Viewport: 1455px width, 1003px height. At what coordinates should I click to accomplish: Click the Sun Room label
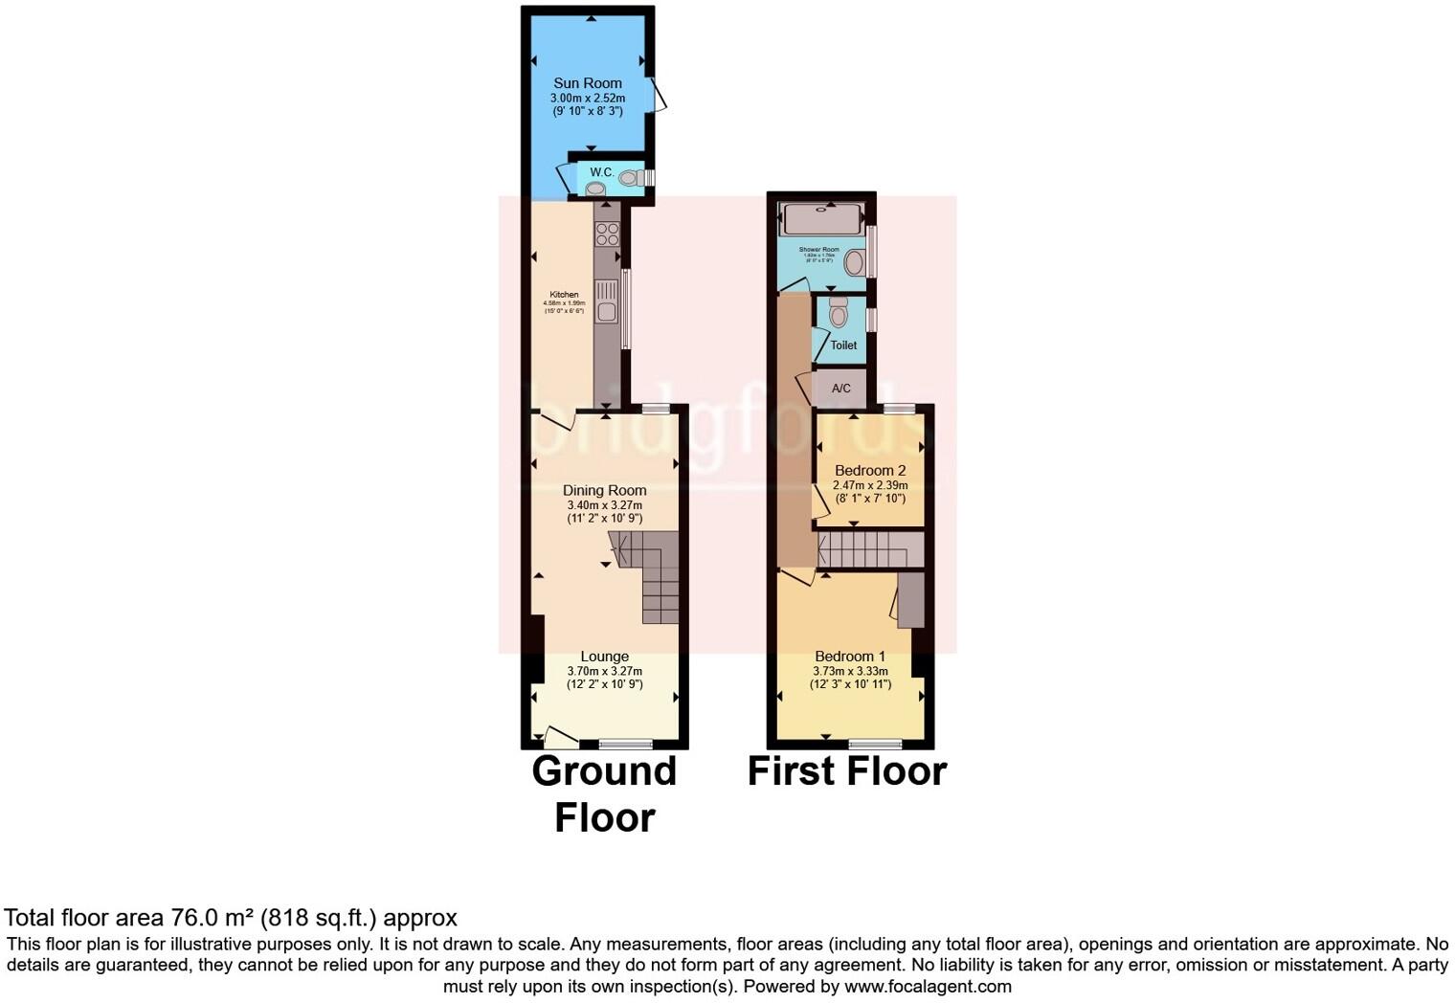[587, 83]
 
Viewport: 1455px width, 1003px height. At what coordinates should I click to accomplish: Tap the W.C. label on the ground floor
[601, 172]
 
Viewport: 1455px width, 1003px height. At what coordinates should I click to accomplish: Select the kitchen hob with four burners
[607, 234]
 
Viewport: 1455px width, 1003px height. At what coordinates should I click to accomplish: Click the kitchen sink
[606, 301]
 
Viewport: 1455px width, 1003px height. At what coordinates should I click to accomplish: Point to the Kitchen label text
[564, 295]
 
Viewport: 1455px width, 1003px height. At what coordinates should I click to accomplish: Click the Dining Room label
[604, 490]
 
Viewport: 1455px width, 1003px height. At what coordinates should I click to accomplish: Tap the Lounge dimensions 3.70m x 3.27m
[604, 671]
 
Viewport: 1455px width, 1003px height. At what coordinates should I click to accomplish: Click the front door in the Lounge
[559, 736]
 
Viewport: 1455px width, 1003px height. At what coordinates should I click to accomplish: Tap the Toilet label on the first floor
[843, 345]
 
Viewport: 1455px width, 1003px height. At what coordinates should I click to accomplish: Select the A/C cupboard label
[840, 389]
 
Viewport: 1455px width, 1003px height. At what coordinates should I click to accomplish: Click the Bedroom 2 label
[869, 470]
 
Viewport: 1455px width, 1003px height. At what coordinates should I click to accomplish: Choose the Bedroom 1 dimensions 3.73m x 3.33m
[850, 671]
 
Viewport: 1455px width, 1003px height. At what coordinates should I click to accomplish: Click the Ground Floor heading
[604, 793]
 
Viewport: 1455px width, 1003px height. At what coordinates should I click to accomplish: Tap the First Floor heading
[846, 770]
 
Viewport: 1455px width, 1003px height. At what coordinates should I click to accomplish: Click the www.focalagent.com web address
[928, 986]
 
